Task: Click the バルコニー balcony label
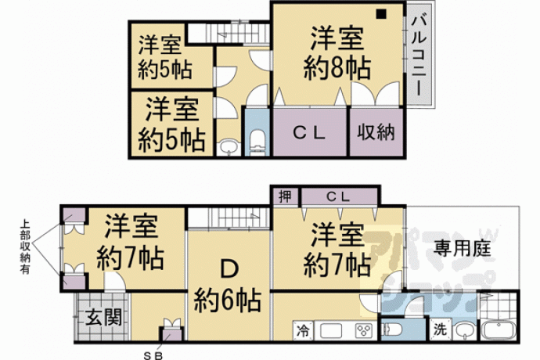click(419, 55)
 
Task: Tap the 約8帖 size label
click(337, 68)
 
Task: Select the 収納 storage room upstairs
click(376, 132)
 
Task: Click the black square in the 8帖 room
click(381, 14)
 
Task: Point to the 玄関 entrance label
click(103, 317)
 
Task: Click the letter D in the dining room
click(230, 268)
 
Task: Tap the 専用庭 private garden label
click(463, 248)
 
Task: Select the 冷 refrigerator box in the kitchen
click(303, 331)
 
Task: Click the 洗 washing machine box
click(440, 329)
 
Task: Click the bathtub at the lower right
click(499, 330)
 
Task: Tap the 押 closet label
click(285, 196)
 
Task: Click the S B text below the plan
click(153, 355)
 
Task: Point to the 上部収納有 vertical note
click(24, 247)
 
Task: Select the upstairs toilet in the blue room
click(257, 142)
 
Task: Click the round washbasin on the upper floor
click(228, 147)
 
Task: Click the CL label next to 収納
click(309, 132)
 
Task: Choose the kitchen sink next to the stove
click(330, 331)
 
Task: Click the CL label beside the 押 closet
click(338, 197)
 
